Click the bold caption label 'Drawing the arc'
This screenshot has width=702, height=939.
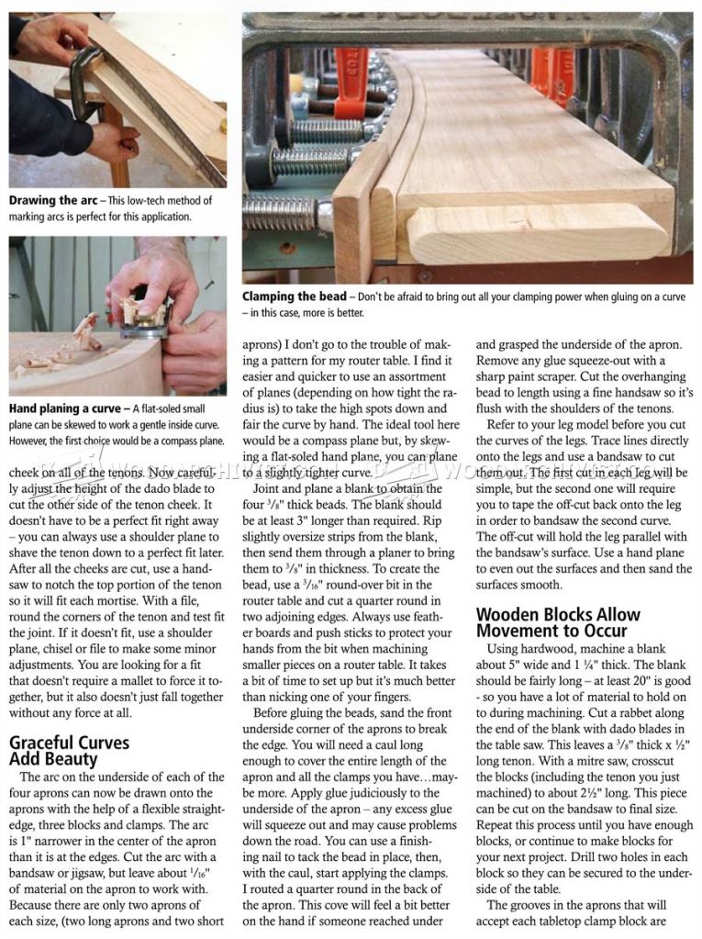click(x=53, y=200)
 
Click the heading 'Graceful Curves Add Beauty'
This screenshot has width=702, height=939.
click(x=69, y=750)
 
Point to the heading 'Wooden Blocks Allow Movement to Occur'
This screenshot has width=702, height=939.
click(x=559, y=622)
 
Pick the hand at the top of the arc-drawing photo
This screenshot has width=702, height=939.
click(x=50, y=37)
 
